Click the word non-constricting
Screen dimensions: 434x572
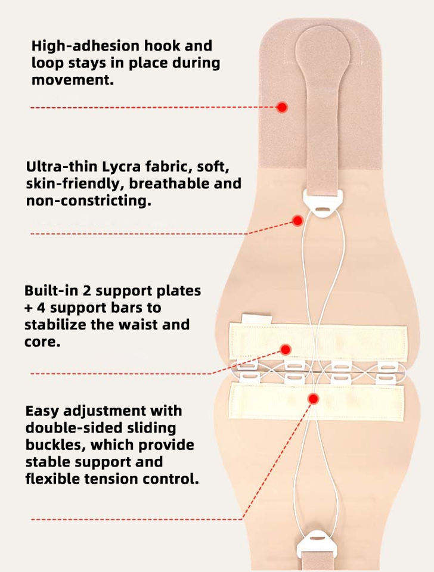click(x=88, y=201)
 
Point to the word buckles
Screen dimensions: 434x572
click(x=55, y=445)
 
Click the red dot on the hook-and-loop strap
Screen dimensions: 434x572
click(x=282, y=107)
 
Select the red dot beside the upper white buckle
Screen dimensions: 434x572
click(x=298, y=220)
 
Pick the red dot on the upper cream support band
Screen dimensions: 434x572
click(x=286, y=350)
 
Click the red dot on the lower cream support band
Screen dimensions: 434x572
click(x=313, y=399)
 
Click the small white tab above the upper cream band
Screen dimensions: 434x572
click(x=256, y=319)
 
